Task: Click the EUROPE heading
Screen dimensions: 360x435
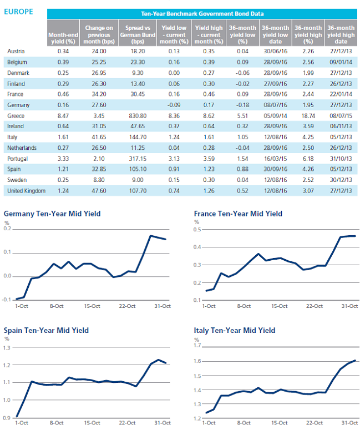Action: click(x=18, y=12)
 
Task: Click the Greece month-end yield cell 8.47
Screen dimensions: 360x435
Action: click(x=63, y=115)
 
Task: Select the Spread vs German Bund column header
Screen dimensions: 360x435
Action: click(x=138, y=35)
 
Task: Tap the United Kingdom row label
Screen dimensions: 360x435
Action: click(x=27, y=191)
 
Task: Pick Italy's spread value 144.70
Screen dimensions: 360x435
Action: click(x=138, y=137)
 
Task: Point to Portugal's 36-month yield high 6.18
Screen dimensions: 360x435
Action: click(x=308, y=159)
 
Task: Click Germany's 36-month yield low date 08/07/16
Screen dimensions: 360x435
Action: click(x=275, y=105)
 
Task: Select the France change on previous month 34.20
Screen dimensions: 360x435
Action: click(x=99, y=94)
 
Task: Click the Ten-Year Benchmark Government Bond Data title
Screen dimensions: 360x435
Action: click(x=202, y=14)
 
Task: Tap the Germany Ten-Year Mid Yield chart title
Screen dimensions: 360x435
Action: click(x=52, y=214)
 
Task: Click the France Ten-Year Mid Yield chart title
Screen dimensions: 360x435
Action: click(x=238, y=214)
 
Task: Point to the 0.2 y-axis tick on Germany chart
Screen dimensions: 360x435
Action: click(x=8, y=229)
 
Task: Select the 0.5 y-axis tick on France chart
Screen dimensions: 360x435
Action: click(x=197, y=230)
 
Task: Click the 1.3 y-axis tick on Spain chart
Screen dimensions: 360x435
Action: click(x=7, y=348)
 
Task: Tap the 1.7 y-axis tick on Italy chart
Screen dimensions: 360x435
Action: click(x=197, y=345)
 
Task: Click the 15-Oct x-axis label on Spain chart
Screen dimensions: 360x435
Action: click(x=92, y=423)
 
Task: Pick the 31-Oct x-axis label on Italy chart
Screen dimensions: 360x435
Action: click(x=349, y=423)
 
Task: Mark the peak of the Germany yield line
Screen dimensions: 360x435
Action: click(x=151, y=236)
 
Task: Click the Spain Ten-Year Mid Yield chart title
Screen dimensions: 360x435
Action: click(x=46, y=331)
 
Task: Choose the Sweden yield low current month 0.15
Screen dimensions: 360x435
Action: click(x=174, y=180)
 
